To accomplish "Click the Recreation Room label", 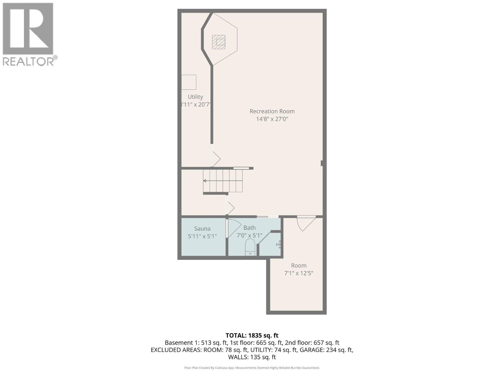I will [272, 111].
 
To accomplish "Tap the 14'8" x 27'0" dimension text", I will [272, 119].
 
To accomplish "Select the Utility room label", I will [195, 97].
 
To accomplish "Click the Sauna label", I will [202, 229].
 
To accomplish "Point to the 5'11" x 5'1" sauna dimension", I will [202, 236].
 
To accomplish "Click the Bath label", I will [249, 228].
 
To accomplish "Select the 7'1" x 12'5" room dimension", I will [299, 273].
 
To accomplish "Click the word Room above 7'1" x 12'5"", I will [299, 266].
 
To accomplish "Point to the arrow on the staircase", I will [205, 181].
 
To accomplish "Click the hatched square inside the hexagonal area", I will [219, 42].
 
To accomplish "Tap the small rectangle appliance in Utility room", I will [189, 82].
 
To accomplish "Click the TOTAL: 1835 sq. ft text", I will [252, 335].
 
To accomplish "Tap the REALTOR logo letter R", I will [28, 29].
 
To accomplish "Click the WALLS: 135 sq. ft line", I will [252, 357].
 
